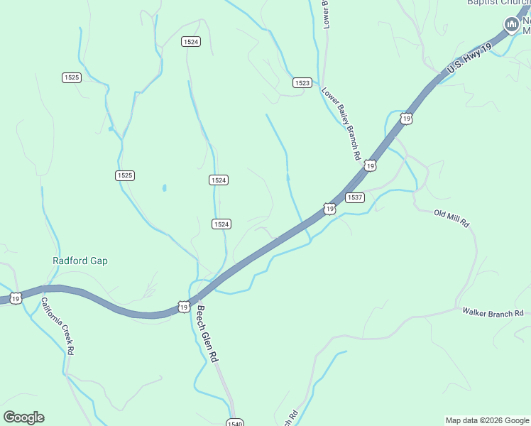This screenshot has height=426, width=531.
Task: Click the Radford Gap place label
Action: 80,261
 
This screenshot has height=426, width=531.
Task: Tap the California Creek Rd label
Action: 56,326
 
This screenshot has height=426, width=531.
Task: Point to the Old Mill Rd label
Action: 452,218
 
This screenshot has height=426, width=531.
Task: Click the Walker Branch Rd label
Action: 493,312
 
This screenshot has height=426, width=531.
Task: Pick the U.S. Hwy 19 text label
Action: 469,58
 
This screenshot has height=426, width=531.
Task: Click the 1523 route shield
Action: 302,83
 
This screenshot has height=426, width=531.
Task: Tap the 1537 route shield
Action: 355,197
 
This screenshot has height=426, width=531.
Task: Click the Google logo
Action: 23,417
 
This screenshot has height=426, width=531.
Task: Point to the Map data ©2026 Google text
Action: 488,420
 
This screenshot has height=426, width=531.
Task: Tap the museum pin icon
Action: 510,26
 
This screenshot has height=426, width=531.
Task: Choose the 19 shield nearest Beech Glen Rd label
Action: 184,307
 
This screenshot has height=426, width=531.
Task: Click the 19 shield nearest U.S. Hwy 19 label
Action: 405,119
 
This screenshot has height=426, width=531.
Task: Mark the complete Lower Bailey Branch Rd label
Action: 341,124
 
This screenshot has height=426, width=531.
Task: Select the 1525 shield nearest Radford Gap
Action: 125,175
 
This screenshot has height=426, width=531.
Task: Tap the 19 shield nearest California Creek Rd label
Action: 15,299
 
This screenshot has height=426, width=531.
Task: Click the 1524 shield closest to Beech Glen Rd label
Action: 221,224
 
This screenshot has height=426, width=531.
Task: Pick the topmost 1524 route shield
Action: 190,42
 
